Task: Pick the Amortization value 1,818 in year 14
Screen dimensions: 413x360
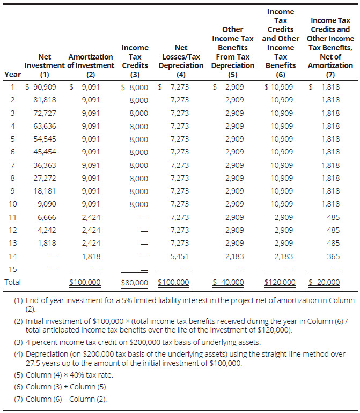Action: [91, 256]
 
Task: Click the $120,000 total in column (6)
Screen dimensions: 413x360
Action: [280, 282]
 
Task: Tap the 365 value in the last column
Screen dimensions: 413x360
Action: [333, 256]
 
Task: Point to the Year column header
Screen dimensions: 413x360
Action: [12, 75]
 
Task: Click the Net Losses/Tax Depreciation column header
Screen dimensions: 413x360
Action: [181, 61]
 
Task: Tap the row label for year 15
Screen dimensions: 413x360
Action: [12, 269]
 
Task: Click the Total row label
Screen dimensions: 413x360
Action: [13, 282]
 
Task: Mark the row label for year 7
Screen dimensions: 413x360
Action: [12, 165]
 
